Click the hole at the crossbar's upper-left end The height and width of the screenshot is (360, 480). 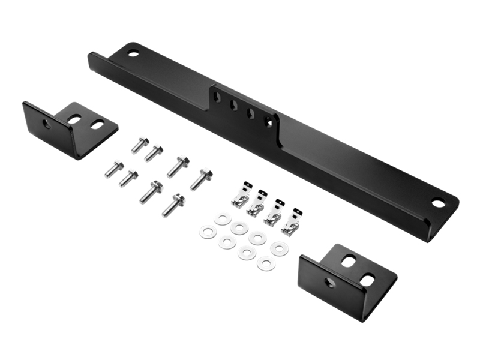click(x=133, y=53)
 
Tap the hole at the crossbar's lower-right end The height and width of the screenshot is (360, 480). click(x=438, y=203)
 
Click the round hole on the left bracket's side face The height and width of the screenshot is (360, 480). click(x=47, y=124)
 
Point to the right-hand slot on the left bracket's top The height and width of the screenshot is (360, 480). click(x=97, y=124)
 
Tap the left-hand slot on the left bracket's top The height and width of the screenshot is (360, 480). click(x=74, y=119)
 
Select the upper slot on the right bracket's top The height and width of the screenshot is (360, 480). click(x=349, y=261)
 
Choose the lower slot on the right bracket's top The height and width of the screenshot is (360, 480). click(x=367, y=279)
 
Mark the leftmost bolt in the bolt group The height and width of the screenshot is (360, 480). click(x=113, y=169)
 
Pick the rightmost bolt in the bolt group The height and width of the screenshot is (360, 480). click(x=201, y=179)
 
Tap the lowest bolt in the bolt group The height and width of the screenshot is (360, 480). click(x=173, y=205)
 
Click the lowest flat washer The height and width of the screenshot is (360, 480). click(x=266, y=262)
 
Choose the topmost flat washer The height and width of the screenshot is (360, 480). click(x=223, y=218)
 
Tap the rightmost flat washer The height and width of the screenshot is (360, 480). click(x=279, y=247)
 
